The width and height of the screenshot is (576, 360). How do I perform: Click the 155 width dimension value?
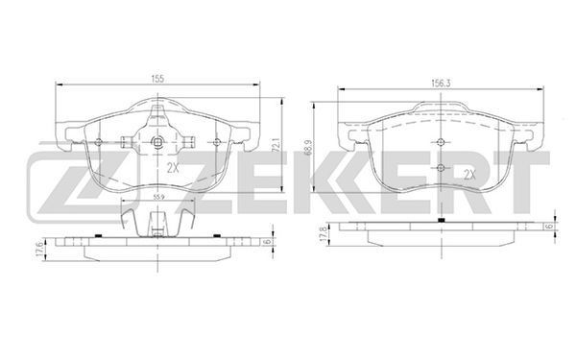[157, 79]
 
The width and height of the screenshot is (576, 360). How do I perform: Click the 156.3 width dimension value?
[441, 84]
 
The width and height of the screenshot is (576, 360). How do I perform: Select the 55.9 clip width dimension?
[158, 197]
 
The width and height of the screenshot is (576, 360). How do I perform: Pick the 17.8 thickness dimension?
[324, 234]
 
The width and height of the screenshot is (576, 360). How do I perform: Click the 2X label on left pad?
[173, 168]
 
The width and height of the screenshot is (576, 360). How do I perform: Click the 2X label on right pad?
[469, 175]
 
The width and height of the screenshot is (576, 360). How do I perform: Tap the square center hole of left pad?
[157, 141]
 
